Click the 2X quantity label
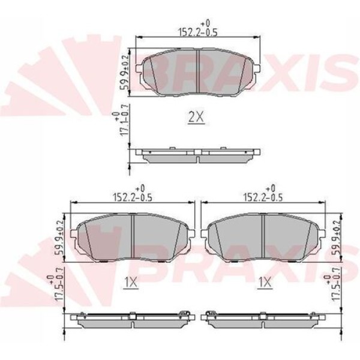tap(196, 119)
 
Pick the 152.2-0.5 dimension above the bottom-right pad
tap(265, 194)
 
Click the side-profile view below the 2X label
tap(198, 155)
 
